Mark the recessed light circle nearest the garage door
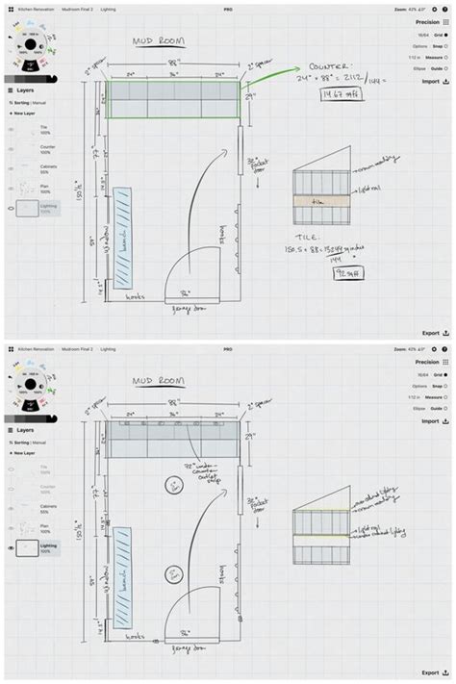pos(170,575)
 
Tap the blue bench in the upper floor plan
pos(122,238)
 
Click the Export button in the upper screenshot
pos(434,333)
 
